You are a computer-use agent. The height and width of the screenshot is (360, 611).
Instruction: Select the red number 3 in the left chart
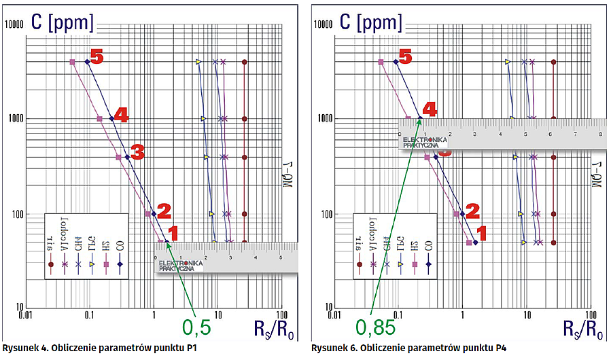137,152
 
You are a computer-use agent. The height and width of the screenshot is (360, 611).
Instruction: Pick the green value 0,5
197,328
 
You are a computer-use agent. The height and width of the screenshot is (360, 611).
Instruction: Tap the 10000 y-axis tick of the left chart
14,24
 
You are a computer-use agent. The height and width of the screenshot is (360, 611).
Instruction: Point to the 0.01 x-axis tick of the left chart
25,315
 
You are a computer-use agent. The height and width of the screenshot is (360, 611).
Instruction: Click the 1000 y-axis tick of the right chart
324,118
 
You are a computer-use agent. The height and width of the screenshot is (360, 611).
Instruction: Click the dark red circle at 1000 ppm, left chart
245,118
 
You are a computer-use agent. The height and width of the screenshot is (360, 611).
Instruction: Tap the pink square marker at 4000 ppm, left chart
72,62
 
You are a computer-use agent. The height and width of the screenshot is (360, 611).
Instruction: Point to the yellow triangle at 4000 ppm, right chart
507,62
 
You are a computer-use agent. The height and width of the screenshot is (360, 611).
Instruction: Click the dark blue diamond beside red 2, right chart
463,214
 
